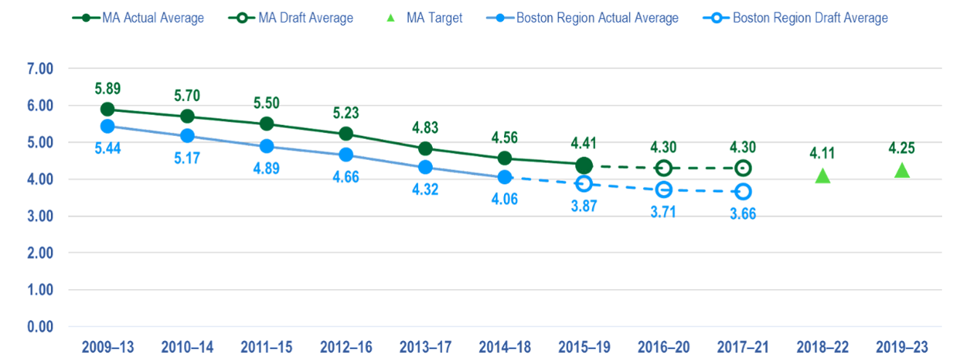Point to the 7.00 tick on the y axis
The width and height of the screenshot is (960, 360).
click(x=41, y=69)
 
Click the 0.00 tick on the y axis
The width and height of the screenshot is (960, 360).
click(x=41, y=327)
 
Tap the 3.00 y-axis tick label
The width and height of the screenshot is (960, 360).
click(x=41, y=217)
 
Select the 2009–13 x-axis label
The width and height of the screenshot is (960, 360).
click(x=108, y=346)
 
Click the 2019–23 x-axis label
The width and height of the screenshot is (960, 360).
click(x=902, y=346)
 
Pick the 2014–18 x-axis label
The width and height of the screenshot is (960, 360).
click(x=505, y=346)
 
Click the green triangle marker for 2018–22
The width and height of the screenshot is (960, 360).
click(x=822, y=175)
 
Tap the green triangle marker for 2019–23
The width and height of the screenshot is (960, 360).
click(x=902, y=170)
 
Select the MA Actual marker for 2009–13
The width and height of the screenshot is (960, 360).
click(x=108, y=109)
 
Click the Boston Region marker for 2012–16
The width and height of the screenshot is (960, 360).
click(x=346, y=155)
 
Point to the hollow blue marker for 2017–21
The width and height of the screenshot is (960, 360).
click(x=743, y=191)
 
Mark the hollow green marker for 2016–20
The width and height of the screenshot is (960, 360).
click(x=663, y=168)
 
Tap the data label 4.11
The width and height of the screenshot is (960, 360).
click(x=822, y=153)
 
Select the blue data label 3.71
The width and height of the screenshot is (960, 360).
click(x=663, y=211)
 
